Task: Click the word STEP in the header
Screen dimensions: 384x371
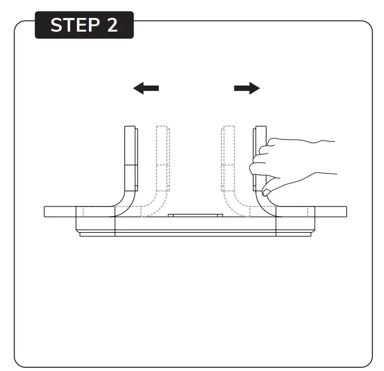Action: coord(75,25)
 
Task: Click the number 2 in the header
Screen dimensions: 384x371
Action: coord(112,25)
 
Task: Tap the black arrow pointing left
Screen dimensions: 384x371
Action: coord(146,88)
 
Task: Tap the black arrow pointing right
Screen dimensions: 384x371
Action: coord(247,88)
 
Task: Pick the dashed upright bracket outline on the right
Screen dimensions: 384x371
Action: coord(228,159)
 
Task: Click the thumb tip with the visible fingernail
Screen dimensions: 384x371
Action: coord(266,192)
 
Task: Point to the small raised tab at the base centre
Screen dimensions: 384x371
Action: coord(195,215)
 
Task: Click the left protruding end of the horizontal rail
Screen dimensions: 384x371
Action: coord(60,211)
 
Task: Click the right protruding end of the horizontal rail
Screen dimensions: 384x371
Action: coord(331,211)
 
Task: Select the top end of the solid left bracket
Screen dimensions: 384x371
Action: coord(130,126)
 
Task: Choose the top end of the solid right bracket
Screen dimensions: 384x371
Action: coord(261,126)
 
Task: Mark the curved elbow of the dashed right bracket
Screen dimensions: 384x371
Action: coord(232,207)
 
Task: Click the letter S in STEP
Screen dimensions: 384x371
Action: coord(56,25)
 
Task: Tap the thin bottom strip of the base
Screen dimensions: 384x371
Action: coord(195,234)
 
